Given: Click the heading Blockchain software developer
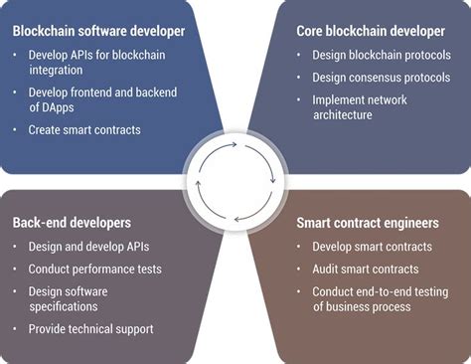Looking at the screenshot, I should (98, 31).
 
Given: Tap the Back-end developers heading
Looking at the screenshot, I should (71, 223).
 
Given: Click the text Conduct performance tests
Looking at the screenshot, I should (95, 269).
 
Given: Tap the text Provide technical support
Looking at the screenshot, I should (91, 328).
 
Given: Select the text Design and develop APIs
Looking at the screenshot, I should (88, 247).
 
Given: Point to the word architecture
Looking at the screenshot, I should (344, 114).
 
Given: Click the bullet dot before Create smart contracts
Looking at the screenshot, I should (17, 131).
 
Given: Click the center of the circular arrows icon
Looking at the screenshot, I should (235, 182).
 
